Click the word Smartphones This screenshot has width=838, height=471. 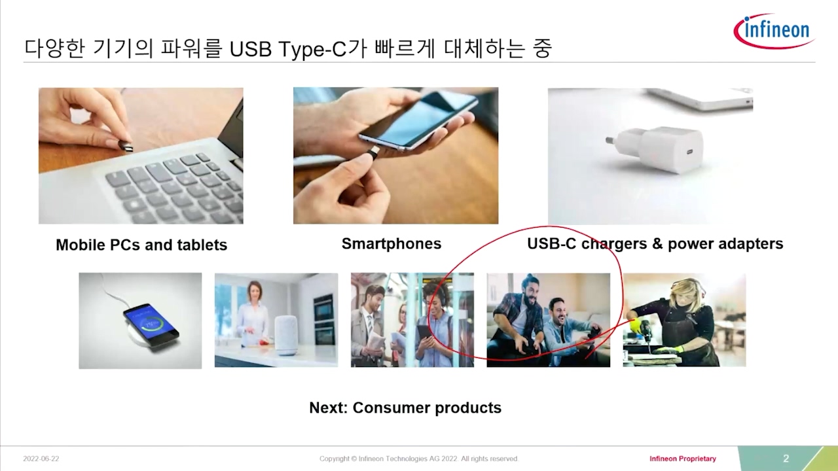[392, 244]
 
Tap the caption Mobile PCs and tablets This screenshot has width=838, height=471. [141, 245]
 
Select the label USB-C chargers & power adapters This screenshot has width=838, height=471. [655, 244]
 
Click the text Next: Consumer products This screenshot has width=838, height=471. [405, 408]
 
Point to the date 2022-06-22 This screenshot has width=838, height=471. [41, 459]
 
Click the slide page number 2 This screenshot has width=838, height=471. [786, 459]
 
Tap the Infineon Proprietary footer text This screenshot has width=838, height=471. [683, 459]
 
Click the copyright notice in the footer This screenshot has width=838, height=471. [419, 459]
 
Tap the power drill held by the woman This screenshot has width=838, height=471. [646, 334]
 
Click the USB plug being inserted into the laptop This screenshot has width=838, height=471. [126, 146]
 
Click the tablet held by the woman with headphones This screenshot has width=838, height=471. [424, 336]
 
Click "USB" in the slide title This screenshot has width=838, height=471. [251, 50]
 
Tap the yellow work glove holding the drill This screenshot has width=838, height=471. [634, 325]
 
